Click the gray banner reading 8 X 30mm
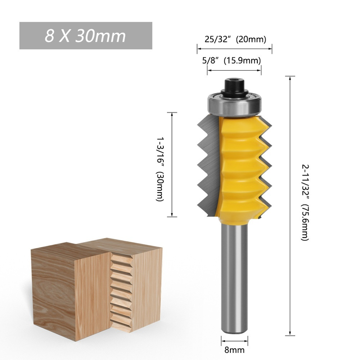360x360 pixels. [85, 36]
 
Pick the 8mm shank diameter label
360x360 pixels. [234, 349]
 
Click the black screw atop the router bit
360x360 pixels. [234, 86]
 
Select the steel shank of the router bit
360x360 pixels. [234, 279]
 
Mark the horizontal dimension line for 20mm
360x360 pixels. [234, 46]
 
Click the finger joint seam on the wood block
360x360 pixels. [116, 288]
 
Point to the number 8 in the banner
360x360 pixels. [49, 36]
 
